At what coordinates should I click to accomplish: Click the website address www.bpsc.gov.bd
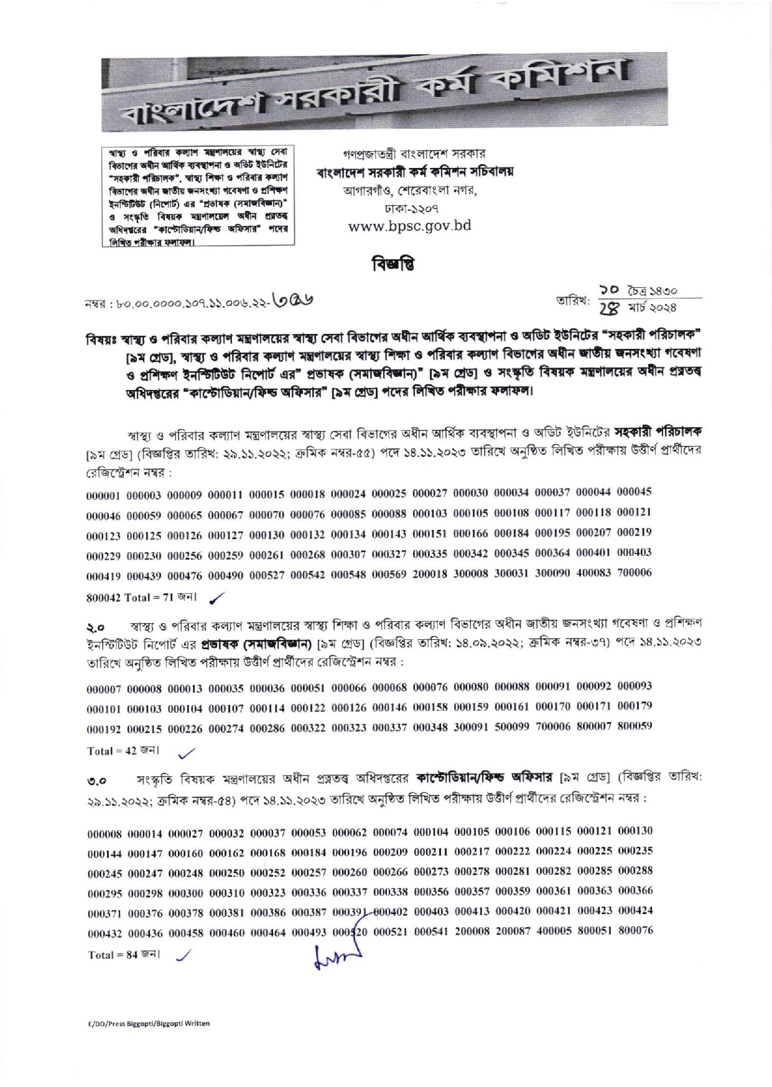click(409, 226)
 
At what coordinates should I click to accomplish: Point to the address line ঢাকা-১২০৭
click(409, 206)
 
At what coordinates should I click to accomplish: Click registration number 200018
click(433, 574)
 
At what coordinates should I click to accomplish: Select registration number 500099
click(514, 726)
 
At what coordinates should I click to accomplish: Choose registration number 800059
click(635, 726)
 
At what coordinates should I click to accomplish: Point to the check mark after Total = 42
click(186, 752)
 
